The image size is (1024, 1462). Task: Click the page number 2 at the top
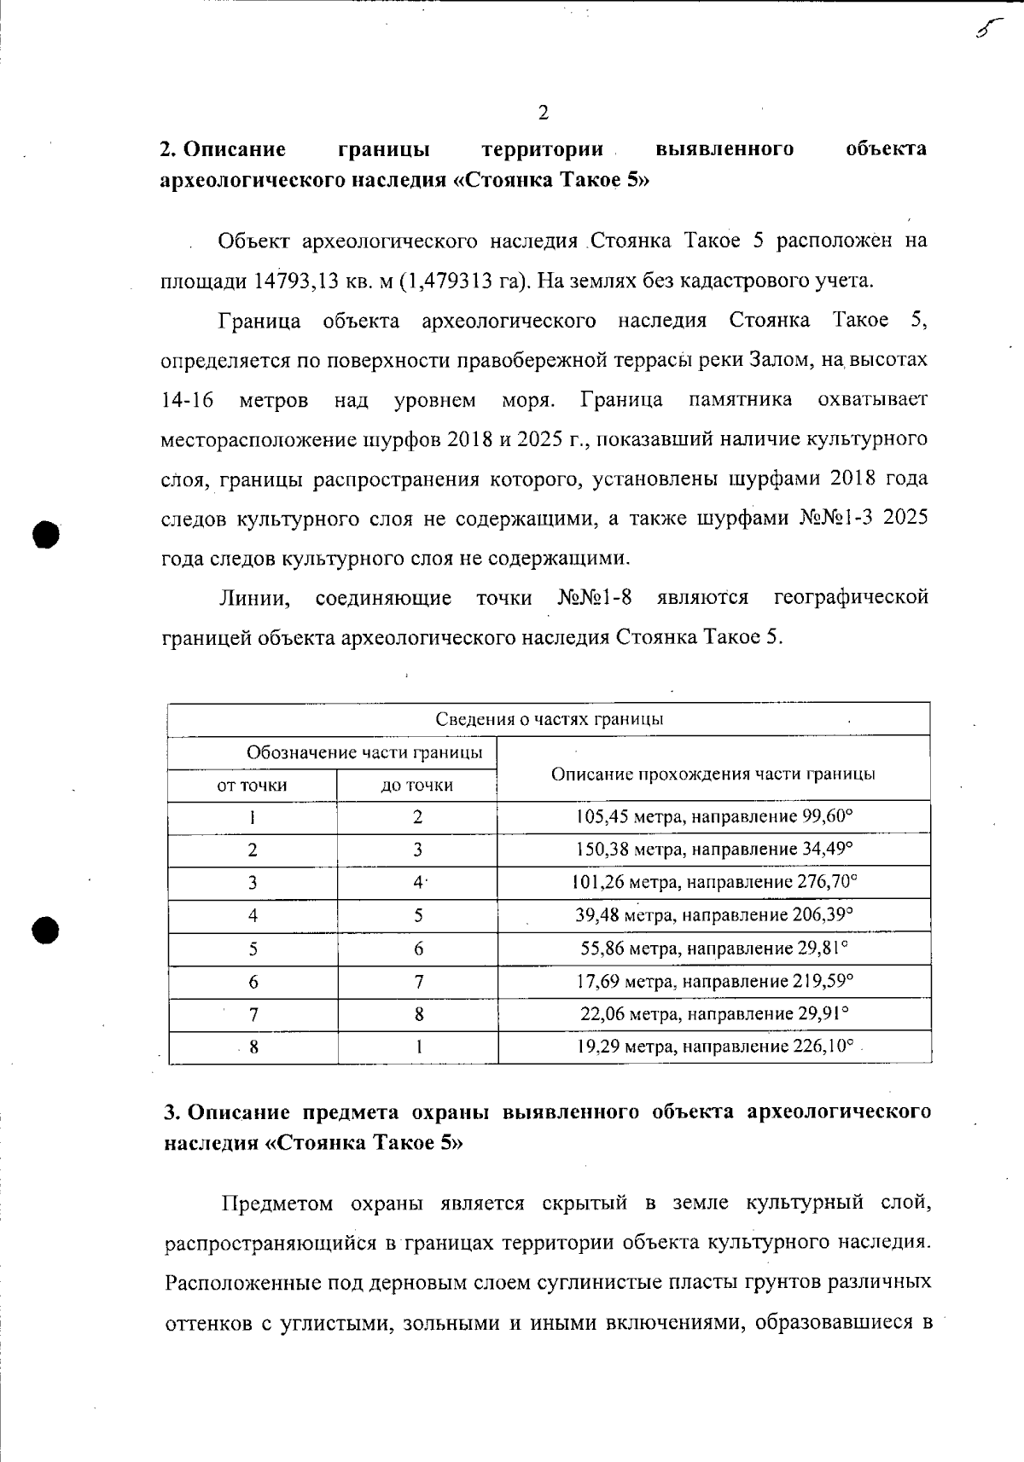(543, 113)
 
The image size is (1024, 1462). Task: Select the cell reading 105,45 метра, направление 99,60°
(714, 816)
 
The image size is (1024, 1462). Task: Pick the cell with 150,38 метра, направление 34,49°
(714, 850)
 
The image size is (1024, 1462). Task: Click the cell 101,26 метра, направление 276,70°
(714, 882)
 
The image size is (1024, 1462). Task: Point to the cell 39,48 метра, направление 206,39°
(714, 915)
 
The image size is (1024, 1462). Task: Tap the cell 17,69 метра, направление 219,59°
(714, 981)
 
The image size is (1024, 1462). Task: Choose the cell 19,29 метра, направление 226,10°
(714, 1047)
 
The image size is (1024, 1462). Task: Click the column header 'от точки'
(253, 785)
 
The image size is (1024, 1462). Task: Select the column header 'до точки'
(417, 785)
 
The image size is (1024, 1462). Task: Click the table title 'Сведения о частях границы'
(549, 719)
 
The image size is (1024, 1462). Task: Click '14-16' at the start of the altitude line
(187, 400)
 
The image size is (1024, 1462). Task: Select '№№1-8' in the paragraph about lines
(595, 597)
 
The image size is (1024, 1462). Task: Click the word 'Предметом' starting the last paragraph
(276, 1204)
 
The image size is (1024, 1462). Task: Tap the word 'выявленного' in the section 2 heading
(724, 149)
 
